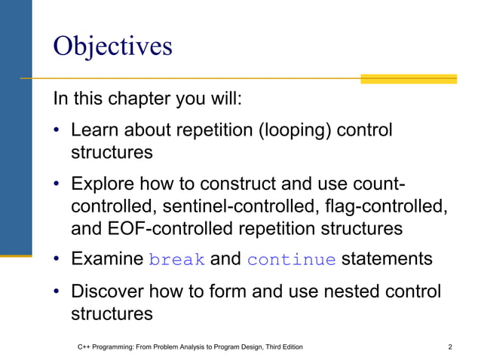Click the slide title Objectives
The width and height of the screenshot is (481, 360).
click(112, 46)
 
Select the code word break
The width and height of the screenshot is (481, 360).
click(177, 261)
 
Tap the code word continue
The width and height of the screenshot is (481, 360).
click(291, 261)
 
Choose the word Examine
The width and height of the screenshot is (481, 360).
click(107, 260)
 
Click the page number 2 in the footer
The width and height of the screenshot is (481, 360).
click(450, 347)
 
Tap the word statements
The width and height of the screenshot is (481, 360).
click(387, 260)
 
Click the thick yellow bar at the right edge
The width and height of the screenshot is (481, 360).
click(408, 78)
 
